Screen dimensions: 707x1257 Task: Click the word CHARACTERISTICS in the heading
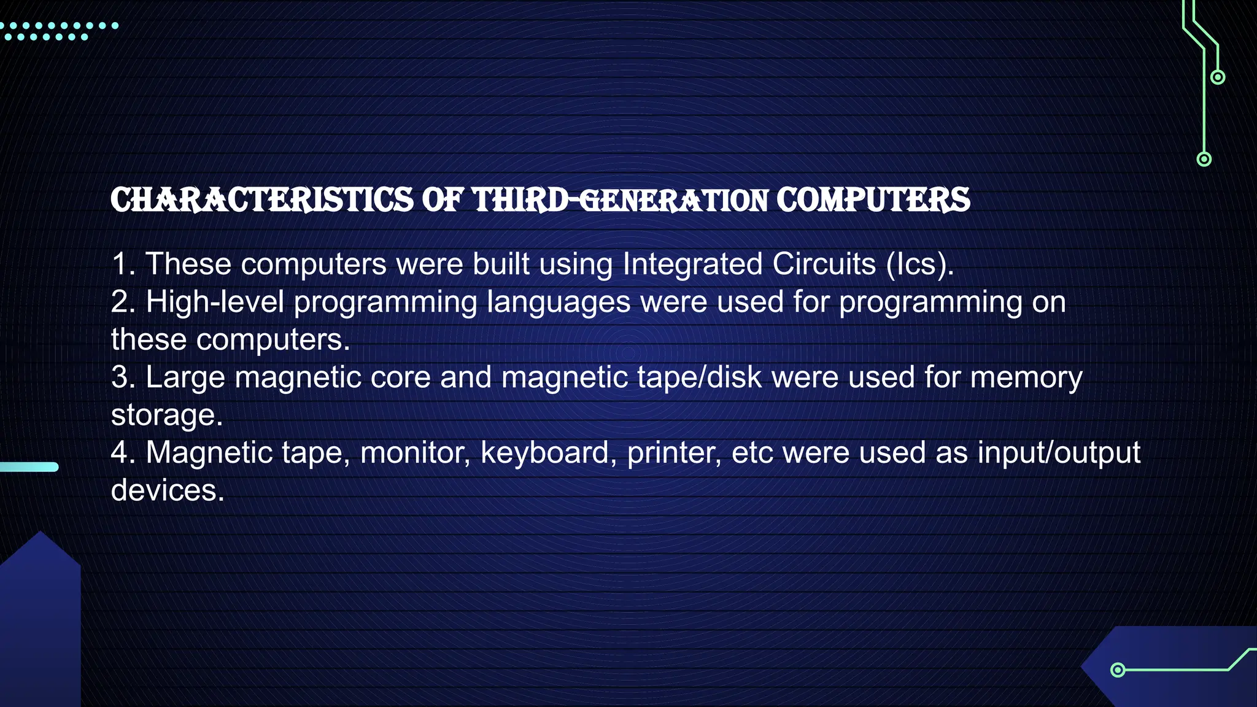(262, 201)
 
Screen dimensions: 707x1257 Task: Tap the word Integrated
(692, 265)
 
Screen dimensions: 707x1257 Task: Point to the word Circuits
(824, 265)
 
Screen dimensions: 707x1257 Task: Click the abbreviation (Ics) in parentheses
(919, 265)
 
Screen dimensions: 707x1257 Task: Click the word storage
(166, 415)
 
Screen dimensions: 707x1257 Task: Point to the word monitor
(415, 453)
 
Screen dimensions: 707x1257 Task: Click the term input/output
(1059, 453)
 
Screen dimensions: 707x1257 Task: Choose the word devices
(167, 490)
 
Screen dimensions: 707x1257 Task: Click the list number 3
(122, 377)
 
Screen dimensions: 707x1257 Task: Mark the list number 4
(123, 453)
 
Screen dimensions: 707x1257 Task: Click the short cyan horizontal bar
(29, 467)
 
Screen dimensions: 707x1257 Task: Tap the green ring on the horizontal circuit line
(1118, 670)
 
